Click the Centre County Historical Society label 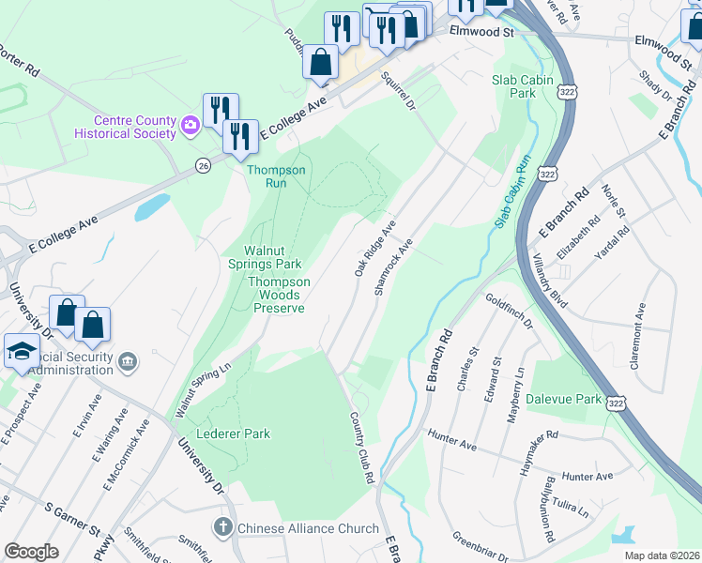(x=134, y=127)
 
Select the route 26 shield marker (x=203, y=166)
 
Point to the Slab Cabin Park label (x=521, y=86)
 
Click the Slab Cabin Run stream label (x=509, y=193)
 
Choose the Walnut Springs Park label (x=272, y=257)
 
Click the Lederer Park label (x=234, y=434)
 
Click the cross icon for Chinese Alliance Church (x=222, y=528)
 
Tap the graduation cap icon (x=19, y=351)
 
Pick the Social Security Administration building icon (x=129, y=360)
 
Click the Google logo (x=31, y=551)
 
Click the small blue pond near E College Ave (x=152, y=206)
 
